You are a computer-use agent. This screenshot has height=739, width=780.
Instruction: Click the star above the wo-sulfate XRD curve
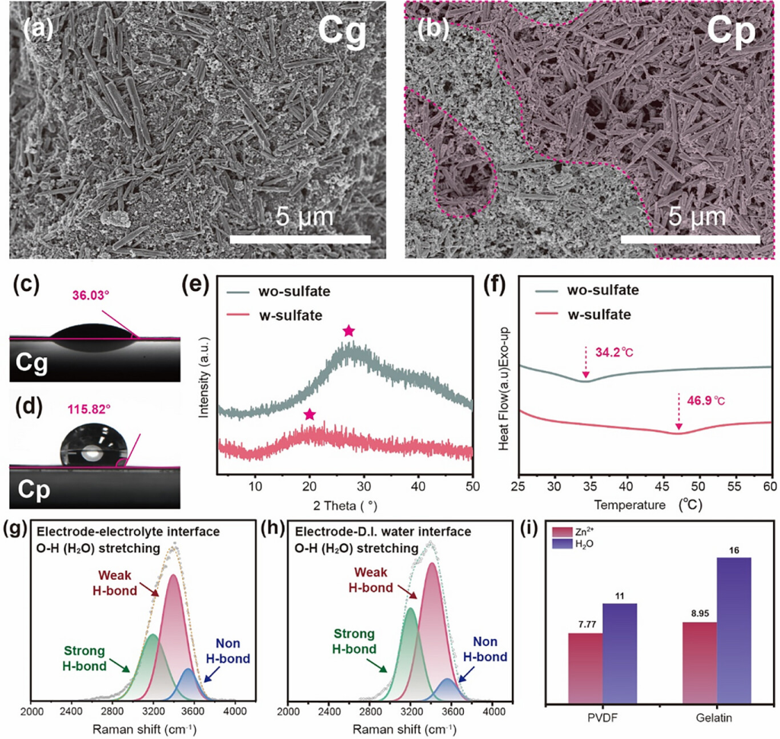click(x=348, y=331)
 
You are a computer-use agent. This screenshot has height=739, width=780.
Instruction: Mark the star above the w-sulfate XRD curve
click(x=309, y=414)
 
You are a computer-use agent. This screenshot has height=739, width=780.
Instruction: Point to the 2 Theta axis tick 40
click(x=417, y=486)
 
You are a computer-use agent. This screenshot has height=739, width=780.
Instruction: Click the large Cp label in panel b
click(x=729, y=32)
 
